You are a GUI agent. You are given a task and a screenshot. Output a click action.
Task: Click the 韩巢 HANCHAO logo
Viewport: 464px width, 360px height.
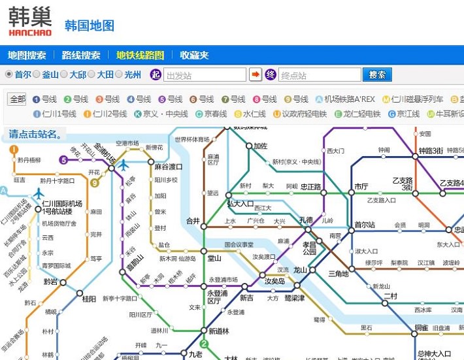pos(30,22)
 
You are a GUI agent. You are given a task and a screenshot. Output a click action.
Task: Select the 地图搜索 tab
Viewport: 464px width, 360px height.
pos(27,56)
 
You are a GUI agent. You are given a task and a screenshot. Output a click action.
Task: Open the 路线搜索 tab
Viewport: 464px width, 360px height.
pos(81,56)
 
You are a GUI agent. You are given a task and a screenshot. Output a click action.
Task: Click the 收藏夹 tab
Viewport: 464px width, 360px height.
pos(194,56)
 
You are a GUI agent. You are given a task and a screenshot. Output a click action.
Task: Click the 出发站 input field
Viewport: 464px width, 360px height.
pos(205,75)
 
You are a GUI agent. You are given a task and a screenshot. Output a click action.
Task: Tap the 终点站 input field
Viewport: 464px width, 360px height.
pos(320,75)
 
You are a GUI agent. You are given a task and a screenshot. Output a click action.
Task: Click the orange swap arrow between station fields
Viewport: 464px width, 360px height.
pos(256,74)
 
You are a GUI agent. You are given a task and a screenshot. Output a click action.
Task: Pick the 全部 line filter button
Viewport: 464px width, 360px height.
pos(17,99)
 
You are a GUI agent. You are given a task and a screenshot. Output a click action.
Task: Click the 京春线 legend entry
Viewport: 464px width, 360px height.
pos(210,114)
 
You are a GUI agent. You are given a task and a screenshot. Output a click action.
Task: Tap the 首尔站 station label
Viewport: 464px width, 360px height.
pos(365,225)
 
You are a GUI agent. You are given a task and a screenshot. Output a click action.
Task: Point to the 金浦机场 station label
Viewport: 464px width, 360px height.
pos(105,152)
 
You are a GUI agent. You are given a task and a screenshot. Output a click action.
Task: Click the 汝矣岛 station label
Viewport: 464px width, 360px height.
pos(274,281)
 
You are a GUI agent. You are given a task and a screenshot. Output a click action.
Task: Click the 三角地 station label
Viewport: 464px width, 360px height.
pos(339,273)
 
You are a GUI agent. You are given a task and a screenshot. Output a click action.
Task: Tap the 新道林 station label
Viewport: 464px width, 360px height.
pos(219,331)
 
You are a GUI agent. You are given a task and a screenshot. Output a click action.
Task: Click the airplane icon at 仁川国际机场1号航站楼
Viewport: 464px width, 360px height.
pos(39,193)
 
